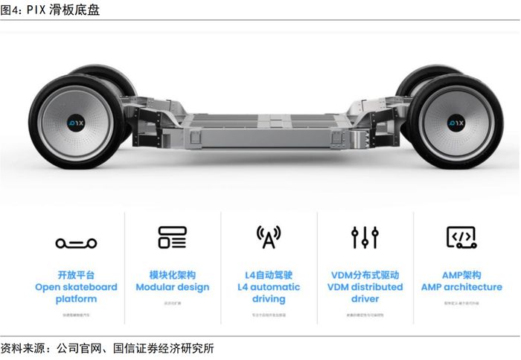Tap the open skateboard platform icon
[x=76, y=242]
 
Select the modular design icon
[x=173, y=237]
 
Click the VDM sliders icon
[x=365, y=237]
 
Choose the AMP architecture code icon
[x=461, y=237]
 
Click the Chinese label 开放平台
[x=76, y=275]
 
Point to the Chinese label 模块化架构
[x=173, y=275]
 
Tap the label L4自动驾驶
[x=269, y=275]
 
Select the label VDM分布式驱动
[x=365, y=275]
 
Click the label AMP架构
[x=461, y=275]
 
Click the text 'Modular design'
[x=173, y=287]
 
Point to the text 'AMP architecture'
[x=461, y=287]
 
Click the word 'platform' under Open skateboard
[x=76, y=299]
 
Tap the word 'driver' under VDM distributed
[x=365, y=299]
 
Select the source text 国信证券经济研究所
[x=164, y=348]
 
